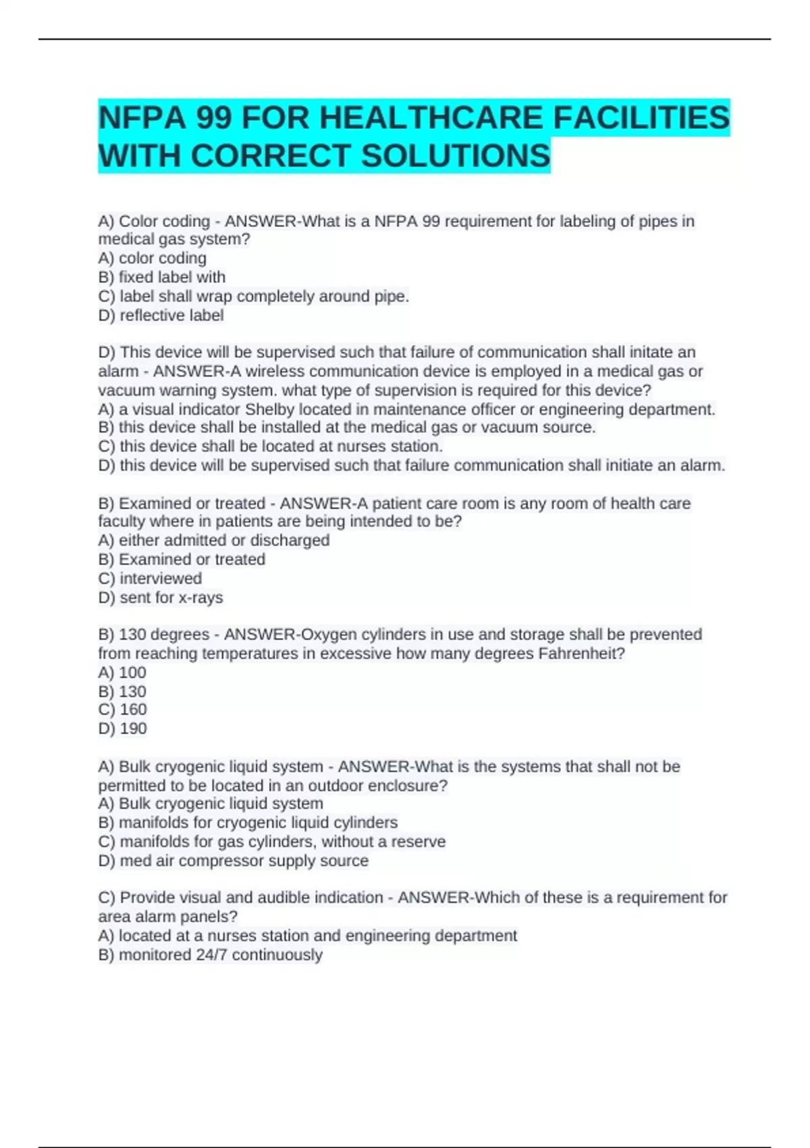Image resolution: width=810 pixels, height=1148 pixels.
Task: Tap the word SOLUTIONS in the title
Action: click(x=456, y=156)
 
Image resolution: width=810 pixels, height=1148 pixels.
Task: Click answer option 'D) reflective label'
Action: click(x=161, y=315)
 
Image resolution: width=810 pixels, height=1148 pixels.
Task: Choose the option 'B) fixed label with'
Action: click(x=162, y=277)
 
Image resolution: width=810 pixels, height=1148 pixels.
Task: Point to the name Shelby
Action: click(x=269, y=409)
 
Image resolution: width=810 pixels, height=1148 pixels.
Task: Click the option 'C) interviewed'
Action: click(x=150, y=578)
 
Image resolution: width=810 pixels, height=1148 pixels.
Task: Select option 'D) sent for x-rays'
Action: click(x=161, y=598)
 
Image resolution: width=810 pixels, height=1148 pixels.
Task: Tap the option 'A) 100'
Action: click(x=122, y=673)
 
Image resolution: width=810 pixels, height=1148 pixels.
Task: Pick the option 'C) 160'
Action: click(x=122, y=709)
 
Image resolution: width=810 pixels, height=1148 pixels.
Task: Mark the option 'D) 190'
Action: click(x=122, y=729)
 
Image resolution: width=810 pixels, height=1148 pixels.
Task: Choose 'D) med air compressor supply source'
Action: click(x=233, y=861)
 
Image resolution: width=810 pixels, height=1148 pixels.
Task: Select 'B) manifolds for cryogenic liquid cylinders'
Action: click(x=248, y=823)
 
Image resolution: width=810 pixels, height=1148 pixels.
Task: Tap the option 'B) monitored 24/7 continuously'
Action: click(x=210, y=955)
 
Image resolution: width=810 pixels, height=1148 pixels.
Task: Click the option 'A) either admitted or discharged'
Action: click(x=214, y=540)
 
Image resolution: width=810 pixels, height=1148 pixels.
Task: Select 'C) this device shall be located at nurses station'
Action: click(x=270, y=446)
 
